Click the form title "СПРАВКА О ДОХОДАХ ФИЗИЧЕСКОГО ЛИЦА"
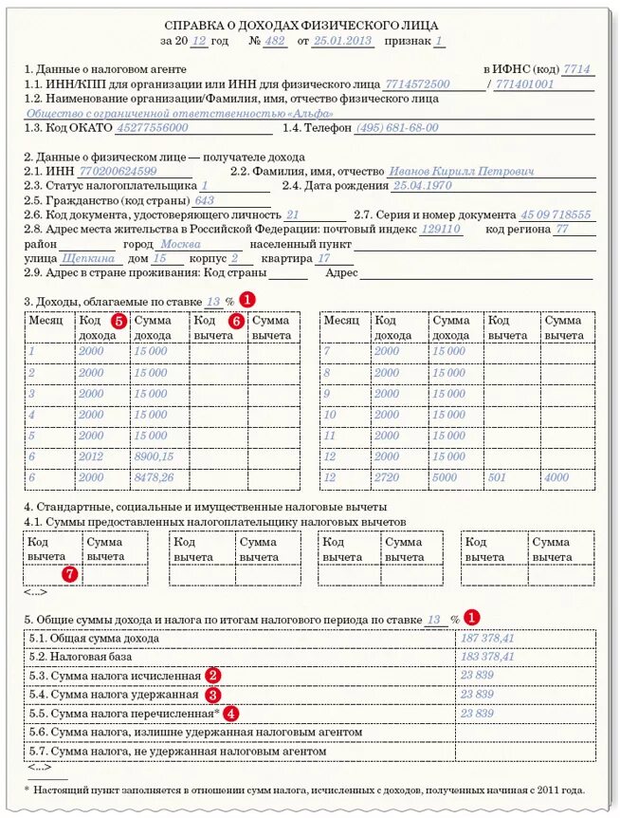(301, 25)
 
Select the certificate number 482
(276, 43)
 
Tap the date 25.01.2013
(344, 43)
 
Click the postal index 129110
(441, 230)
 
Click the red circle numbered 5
(119, 321)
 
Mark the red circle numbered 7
(68, 574)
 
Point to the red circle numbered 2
(213, 675)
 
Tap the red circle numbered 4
(231, 713)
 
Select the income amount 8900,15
(154, 457)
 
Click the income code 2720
(387, 478)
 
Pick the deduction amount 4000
(556, 478)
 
